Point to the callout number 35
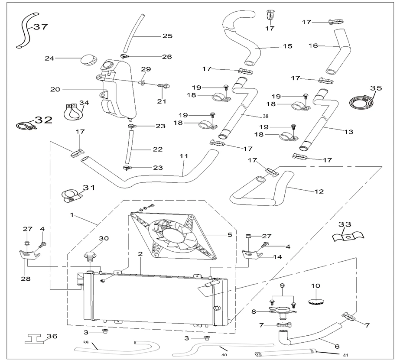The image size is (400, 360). click(376, 88)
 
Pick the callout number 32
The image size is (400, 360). click(43, 120)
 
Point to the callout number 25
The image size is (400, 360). click(167, 36)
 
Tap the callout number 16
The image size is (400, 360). click(313, 45)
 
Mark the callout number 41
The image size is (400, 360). click(345, 355)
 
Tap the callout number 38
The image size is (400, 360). click(266, 116)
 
